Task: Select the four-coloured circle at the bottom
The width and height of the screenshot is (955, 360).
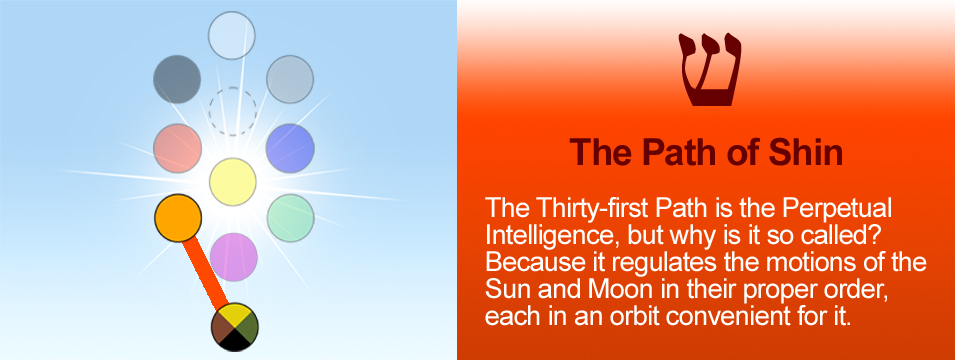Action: click(234, 327)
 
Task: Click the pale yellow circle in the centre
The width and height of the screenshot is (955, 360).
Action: click(233, 182)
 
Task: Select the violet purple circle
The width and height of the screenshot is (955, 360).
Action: click(234, 257)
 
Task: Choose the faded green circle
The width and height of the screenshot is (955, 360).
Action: click(291, 218)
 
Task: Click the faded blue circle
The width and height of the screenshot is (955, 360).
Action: click(291, 148)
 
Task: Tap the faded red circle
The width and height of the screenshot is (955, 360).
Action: click(177, 149)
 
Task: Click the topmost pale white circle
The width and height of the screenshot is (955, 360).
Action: click(231, 35)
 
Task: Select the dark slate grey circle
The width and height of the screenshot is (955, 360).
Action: click(177, 79)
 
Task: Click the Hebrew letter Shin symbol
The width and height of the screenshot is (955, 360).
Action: click(710, 70)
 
